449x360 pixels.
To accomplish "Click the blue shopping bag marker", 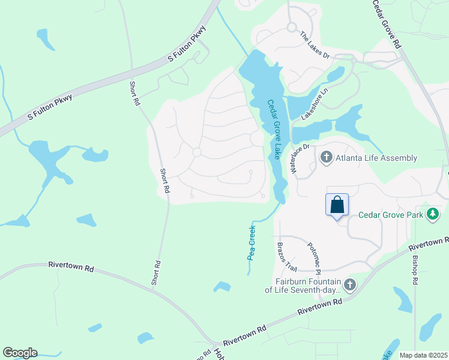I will click(337, 205).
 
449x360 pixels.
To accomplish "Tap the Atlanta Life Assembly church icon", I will click(327, 158).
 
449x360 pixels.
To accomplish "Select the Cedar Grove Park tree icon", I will click(432, 214).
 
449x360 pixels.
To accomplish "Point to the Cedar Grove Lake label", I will click(274, 130).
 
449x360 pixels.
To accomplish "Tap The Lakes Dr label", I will click(315, 45).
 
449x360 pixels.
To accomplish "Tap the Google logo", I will click(20, 353).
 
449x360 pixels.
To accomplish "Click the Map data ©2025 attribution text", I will click(423, 355).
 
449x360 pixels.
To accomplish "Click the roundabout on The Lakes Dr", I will click(292, 27).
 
